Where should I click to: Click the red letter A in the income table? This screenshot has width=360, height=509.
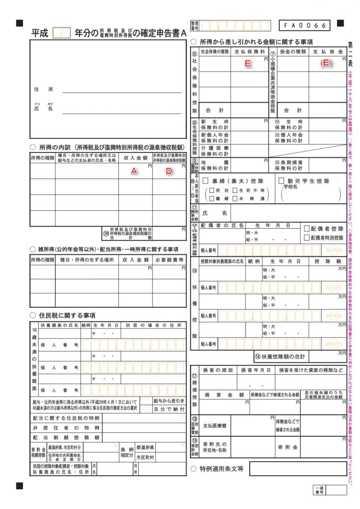(x=133, y=170)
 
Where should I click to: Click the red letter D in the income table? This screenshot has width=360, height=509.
(x=169, y=170)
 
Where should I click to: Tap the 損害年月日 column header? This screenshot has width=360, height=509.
(x=256, y=370)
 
